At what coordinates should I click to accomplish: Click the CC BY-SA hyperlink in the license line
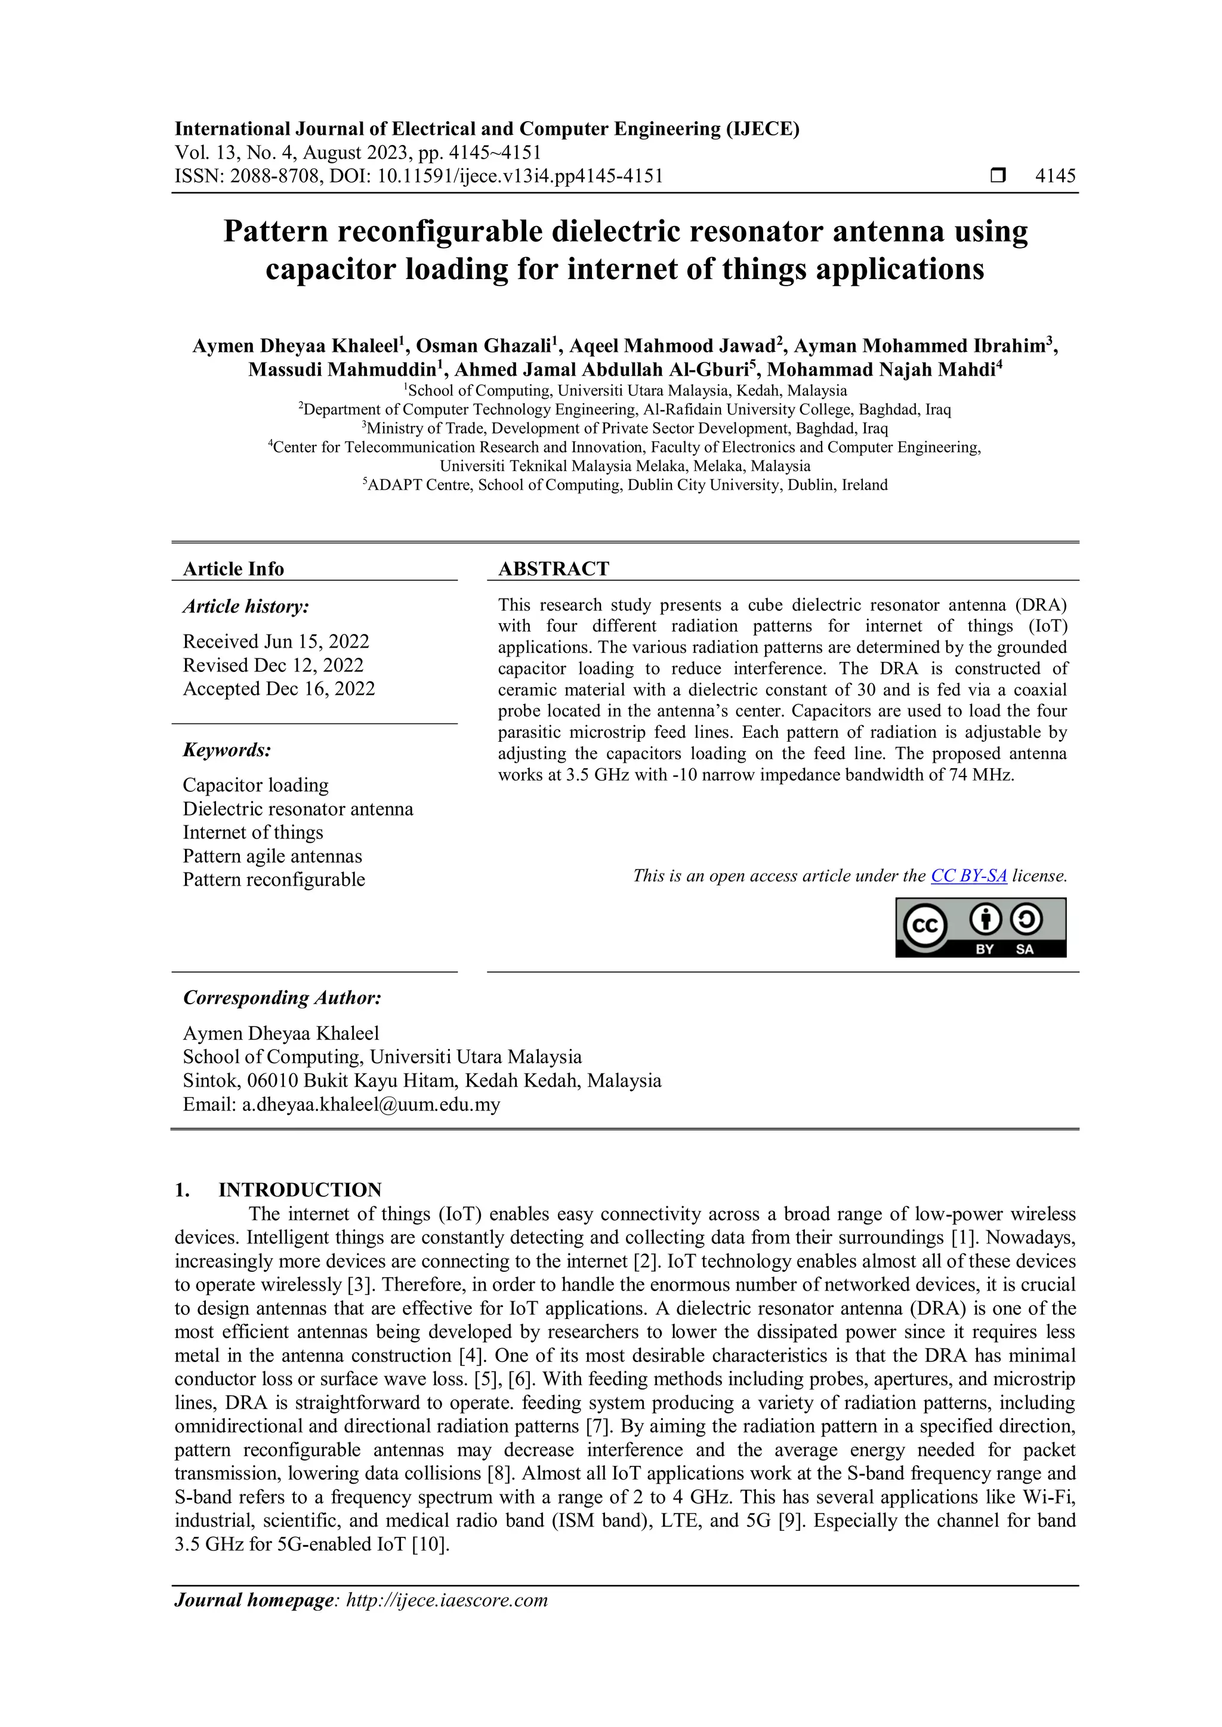click(968, 875)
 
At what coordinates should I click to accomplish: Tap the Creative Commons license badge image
click(980, 927)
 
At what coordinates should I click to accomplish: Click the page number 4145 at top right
click(1055, 176)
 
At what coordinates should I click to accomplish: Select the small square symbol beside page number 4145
click(998, 176)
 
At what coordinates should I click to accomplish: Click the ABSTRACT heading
click(553, 569)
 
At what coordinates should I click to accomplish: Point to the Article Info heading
click(233, 569)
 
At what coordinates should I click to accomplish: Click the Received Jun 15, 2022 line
click(276, 642)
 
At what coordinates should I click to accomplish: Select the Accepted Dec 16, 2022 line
click(279, 689)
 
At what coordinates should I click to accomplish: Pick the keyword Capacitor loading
click(255, 785)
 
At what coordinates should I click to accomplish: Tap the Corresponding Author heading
click(282, 998)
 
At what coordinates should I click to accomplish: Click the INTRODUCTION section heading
click(300, 1190)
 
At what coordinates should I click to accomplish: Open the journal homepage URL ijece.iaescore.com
click(446, 1600)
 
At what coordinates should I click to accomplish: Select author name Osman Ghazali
click(483, 346)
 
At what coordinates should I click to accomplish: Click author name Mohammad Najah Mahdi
click(881, 369)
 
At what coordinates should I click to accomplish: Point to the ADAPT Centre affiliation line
click(626, 485)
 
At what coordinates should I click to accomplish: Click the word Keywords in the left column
click(226, 750)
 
